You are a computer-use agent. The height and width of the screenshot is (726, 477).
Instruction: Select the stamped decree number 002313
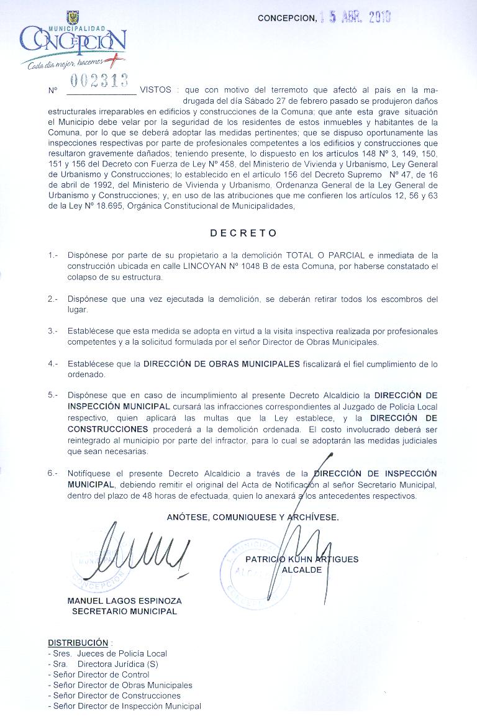[x=99, y=80]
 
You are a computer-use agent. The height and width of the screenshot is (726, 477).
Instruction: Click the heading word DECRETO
[x=243, y=234]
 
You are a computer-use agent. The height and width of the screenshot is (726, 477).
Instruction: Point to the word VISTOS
[x=156, y=90]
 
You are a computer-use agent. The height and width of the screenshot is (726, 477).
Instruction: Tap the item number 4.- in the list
[x=53, y=363]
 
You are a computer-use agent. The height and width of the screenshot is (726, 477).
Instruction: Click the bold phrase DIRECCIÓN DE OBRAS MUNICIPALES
[x=222, y=363]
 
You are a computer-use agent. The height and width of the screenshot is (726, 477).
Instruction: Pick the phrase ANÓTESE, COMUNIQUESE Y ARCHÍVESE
[x=253, y=517]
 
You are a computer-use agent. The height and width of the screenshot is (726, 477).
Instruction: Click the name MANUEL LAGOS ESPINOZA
[x=124, y=601]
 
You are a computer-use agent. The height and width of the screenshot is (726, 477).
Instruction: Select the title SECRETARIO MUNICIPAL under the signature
[x=124, y=611]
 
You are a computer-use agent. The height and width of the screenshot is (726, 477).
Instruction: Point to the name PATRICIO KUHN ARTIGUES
[x=302, y=560]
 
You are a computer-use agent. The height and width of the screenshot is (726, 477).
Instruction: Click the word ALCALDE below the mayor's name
[x=302, y=569]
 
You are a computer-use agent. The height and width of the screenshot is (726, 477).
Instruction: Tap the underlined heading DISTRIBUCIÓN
[x=78, y=643]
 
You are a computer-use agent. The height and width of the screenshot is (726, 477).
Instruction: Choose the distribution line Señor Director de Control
[x=101, y=674]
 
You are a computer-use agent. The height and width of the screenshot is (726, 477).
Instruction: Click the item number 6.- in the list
[x=53, y=473]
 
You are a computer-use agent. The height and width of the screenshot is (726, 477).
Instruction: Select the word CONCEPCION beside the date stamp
[x=286, y=18]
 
